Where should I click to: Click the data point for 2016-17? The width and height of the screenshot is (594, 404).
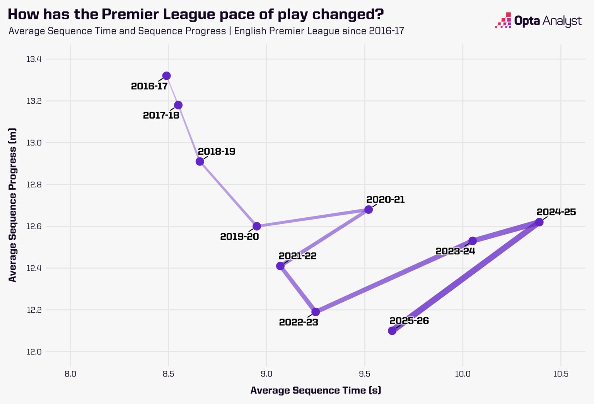pyautogui.click(x=166, y=76)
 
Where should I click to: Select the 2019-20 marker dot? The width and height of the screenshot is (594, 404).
pyautogui.click(x=256, y=226)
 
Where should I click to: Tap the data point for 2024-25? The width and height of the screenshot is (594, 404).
pyautogui.click(x=539, y=222)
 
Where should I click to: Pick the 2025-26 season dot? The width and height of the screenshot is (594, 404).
pyautogui.click(x=392, y=331)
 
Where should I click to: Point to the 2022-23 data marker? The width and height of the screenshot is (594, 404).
pyautogui.click(x=316, y=312)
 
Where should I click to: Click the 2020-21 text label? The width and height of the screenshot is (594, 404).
pyautogui.click(x=385, y=199)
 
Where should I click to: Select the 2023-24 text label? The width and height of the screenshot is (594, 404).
pyautogui.click(x=455, y=251)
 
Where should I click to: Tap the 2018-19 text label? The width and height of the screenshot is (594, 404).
pyautogui.click(x=217, y=152)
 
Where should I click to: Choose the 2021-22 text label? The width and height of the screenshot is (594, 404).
pyautogui.click(x=297, y=256)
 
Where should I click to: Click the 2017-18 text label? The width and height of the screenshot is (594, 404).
pyautogui.click(x=161, y=115)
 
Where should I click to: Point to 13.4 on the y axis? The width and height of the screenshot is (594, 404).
pyautogui.click(x=34, y=59)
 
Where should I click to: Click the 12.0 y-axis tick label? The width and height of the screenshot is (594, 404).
pyautogui.click(x=34, y=352)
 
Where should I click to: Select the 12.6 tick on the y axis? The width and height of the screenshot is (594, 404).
pyautogui.click(x=34, y=226)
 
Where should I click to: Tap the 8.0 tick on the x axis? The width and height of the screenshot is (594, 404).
pyautogui.click(x=70, y=374)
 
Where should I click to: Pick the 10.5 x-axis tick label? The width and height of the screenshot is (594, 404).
pyautogui.click(x=561, y=374)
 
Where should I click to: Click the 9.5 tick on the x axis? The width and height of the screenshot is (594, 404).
pyautogui.click(x=365, y=374)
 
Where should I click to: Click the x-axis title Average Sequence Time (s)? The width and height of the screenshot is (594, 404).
pyautogui.click(x=316, y=390)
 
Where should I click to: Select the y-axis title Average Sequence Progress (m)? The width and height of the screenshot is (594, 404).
pyautogui.click(x=12, y=205)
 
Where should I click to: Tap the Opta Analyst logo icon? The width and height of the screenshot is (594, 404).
pyautogui.click(x=503, y=20)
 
